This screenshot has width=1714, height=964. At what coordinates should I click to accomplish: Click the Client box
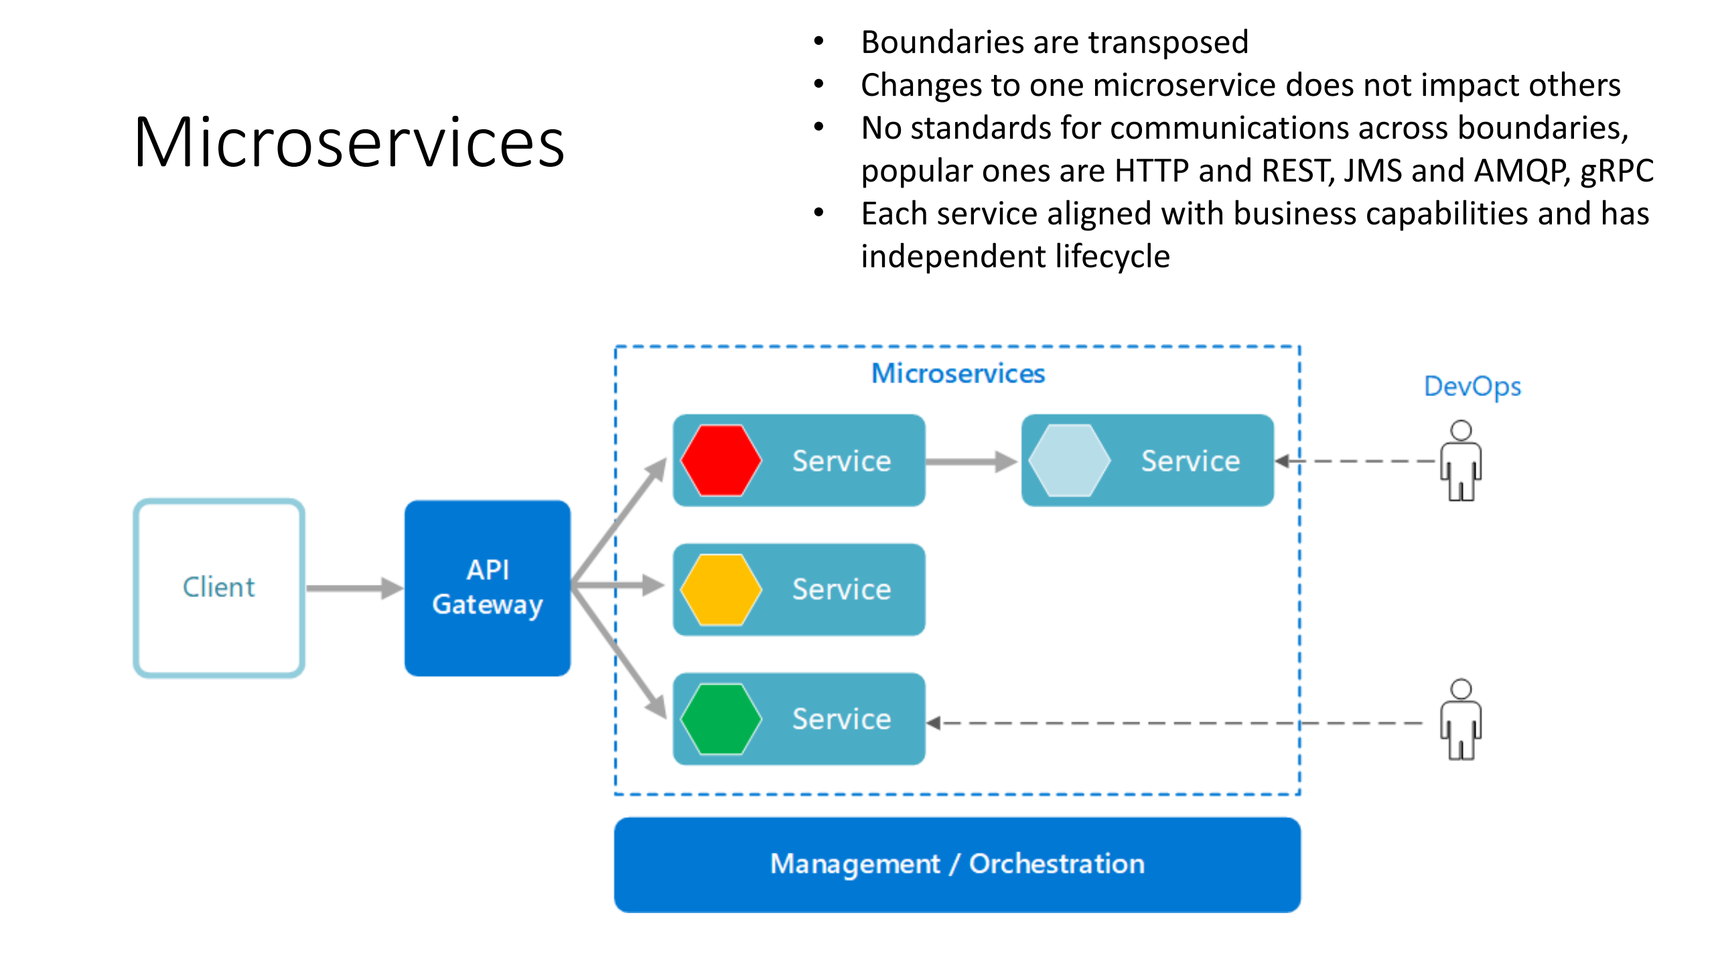219,588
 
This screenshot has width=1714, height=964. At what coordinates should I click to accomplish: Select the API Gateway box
487,588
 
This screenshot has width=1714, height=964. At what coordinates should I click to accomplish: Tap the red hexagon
721,460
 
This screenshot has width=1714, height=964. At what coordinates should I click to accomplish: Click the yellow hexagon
721,590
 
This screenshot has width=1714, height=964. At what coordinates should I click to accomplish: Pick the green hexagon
721,719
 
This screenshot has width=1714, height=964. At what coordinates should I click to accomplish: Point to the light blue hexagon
1069,460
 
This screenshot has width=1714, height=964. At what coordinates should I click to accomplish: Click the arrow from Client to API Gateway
354,588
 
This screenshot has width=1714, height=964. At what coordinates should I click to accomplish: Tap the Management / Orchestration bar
956,864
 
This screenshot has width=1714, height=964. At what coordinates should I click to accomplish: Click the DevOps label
1472,387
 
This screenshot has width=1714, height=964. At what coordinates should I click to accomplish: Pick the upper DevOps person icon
1460,460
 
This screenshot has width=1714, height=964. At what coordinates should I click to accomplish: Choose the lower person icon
1460,719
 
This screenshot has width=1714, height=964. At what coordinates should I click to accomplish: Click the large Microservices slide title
349,143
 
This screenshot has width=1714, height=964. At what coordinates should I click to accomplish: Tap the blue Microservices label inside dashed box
957,373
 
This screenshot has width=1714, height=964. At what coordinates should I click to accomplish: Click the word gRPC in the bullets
1616,171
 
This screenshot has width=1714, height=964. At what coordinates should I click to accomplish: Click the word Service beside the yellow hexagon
841,590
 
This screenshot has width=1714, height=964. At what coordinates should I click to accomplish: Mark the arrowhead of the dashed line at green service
934,723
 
